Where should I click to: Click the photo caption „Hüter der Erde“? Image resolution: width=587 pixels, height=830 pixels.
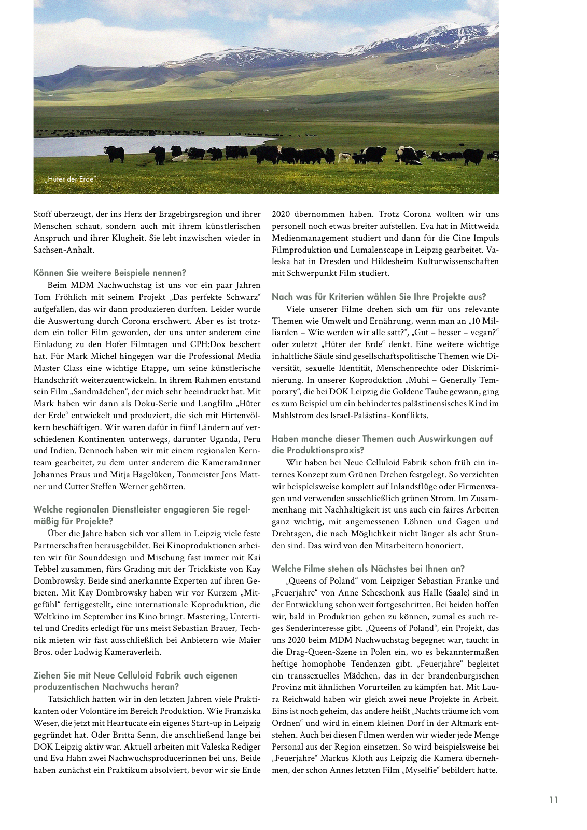point(71,179)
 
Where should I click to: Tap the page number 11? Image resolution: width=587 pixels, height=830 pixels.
point(554,799)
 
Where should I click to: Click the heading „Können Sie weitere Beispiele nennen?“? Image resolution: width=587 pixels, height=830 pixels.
point(109,273)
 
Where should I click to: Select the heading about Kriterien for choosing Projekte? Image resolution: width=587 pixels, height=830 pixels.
point(379,297)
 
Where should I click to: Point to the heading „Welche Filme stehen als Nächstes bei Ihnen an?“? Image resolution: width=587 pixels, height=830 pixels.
point(368,569)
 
